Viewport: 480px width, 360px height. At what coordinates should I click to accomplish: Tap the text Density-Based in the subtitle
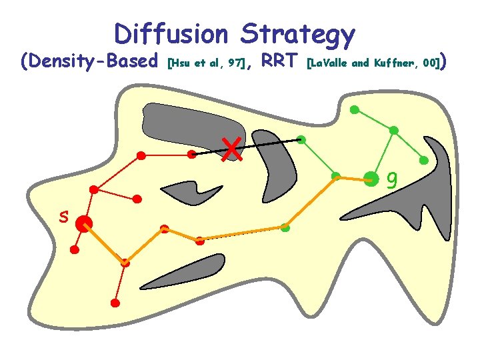point(93,63)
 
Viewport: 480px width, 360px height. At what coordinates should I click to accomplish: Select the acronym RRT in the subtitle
point(279,62)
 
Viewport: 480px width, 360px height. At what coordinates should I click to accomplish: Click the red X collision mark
point(232,149)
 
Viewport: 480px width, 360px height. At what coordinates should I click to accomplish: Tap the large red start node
point(83,224)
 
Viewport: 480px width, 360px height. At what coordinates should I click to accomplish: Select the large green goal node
point(371,179)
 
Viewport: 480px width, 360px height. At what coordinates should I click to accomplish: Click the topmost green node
point(355,109)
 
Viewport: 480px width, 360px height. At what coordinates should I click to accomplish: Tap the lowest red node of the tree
point(115,303)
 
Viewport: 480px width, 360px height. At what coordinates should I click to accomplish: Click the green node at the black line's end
point(301,140)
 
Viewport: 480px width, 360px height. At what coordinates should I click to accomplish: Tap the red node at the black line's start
point(192,154)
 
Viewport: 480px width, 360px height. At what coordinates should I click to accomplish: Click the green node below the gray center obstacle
point(285,227)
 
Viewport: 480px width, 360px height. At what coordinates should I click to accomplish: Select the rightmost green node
point(423,161)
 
